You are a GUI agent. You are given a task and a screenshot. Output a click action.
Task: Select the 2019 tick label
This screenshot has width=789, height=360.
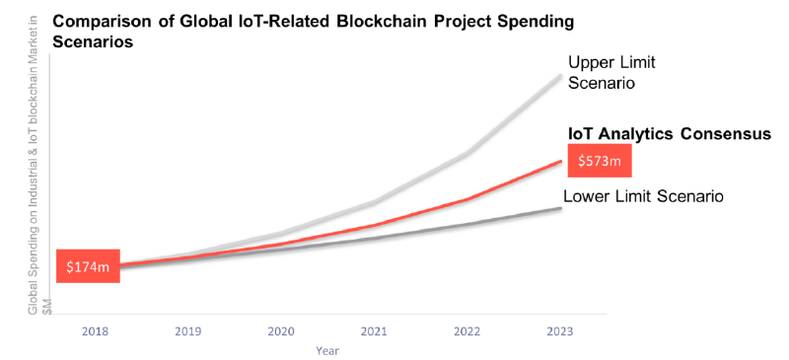point(187,331)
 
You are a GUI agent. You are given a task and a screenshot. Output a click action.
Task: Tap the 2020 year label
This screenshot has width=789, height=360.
point(281,331)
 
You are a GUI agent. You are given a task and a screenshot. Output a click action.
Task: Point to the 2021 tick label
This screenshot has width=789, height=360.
point(374,331)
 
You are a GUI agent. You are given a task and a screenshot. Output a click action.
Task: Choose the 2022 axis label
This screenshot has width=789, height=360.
point(466,331)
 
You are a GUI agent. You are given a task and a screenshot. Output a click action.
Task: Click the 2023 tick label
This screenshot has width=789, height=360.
point(560,331)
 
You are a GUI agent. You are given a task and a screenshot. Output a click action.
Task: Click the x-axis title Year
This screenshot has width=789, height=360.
point(327,350)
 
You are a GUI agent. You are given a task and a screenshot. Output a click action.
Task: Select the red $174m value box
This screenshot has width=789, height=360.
point(88,265)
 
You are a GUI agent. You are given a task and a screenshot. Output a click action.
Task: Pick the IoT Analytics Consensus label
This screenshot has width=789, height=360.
point(669,134)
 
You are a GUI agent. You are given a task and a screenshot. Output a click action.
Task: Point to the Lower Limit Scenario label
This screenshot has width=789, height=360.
point(643,195)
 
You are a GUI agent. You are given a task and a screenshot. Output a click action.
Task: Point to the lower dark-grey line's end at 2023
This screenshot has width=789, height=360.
point(560,208)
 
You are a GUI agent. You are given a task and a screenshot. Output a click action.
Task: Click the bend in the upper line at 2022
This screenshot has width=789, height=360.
point(466,154)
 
